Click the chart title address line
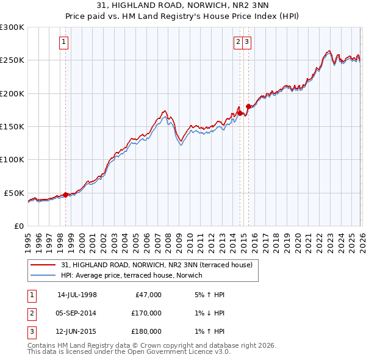(183, 5)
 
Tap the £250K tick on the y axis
(12, 60)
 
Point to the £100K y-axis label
(12, 159)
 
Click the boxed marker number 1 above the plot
(64, 42)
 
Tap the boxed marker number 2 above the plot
(237, 42)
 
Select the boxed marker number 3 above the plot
(246, 42)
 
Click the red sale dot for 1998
(65, 195)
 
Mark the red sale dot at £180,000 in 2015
(248, 107)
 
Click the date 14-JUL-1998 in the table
(77, 295)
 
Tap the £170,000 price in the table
(146, 313)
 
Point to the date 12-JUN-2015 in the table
(77, 332)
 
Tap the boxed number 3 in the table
(31, 332)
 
